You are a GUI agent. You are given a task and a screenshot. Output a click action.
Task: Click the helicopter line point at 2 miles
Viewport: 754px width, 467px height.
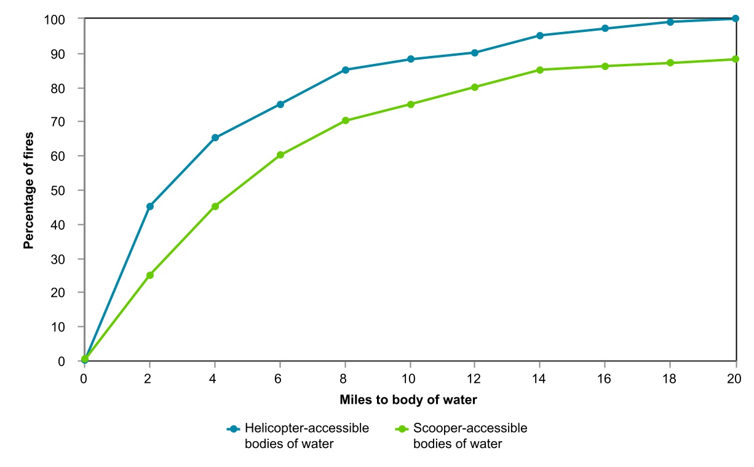149,206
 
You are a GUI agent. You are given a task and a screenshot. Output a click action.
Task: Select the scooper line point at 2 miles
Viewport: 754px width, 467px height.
149,275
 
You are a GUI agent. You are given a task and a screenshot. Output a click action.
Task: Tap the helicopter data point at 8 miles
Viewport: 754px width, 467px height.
345,70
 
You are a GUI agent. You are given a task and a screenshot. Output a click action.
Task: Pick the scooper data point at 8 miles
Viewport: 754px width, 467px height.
345,120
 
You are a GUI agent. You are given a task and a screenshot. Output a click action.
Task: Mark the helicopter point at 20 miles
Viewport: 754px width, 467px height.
736,18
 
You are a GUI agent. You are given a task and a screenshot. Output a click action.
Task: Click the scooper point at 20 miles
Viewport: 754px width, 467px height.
736,59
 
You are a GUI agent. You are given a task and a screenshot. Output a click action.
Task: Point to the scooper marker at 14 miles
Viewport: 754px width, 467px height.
540,70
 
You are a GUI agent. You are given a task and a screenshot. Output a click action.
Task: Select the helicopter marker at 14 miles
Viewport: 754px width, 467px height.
540,36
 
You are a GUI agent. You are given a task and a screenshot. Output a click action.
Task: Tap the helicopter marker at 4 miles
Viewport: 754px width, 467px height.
215,138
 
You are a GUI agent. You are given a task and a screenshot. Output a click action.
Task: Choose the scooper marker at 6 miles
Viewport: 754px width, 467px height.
280,155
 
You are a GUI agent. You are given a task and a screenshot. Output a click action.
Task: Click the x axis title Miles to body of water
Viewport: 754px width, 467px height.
408,399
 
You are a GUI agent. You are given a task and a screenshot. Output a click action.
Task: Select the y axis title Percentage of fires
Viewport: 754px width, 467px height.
28,190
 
